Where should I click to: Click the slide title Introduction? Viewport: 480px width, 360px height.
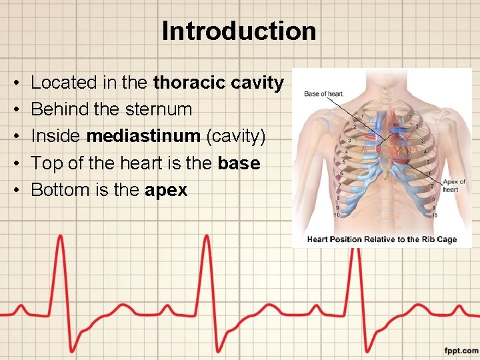[239, 31]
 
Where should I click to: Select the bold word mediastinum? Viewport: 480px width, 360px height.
[143, 136]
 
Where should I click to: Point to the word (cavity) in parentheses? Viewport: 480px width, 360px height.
[235, 136]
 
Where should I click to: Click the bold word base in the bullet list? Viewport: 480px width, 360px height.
[239, 163]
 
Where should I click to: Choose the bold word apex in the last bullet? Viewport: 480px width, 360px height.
[166, 190]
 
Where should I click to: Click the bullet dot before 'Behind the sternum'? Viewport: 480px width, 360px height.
[15, 109]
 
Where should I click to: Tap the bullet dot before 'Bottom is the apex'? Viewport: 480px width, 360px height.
[15, 190]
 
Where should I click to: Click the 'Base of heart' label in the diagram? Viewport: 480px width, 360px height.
[324, 94]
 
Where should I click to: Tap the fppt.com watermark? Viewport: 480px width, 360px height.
[461, 350]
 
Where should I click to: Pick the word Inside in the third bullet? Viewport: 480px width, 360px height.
[56, 136]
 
